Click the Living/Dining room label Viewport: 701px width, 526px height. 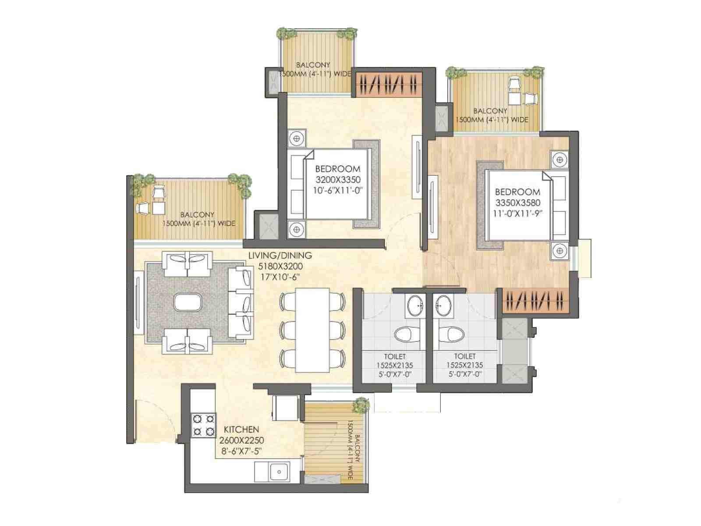280,256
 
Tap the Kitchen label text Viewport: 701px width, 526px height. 241,430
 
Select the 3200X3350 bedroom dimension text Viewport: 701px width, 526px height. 338,179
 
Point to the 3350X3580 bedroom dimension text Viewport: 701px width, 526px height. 518,203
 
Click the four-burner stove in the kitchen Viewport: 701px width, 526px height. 203,425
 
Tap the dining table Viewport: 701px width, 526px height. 312,330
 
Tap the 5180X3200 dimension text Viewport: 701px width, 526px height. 280,266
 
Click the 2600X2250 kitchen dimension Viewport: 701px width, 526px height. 241,441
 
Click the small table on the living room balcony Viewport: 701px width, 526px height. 159,208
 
